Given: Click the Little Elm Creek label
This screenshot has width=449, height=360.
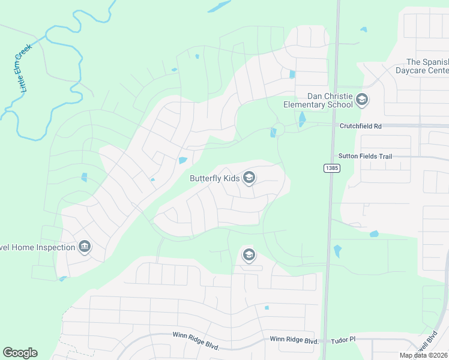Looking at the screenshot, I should (x=25, y=70).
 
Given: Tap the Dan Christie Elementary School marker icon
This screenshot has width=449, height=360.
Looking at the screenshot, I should (x=361, y=100).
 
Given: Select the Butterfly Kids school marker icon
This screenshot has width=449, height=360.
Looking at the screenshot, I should (x=249, y=178).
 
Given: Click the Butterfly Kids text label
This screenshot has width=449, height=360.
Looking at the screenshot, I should (x=214, y=178).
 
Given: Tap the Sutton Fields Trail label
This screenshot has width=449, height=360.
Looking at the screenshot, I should (x=364, y=157).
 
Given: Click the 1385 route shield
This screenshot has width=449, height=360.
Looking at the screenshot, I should (x=333, y=168).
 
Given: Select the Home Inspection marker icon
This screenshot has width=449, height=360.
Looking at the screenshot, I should (x=85, y=247).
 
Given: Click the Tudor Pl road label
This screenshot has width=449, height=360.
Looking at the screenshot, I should (x=345, y=340).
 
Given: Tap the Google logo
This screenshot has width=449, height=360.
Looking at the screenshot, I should (x=20, y=353).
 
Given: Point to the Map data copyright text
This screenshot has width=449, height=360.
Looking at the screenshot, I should (x=423, y=355).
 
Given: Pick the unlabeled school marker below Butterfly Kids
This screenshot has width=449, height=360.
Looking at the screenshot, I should (x=249, y=255).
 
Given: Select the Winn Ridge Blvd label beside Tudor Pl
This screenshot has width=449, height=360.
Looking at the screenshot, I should (x=293, y=340).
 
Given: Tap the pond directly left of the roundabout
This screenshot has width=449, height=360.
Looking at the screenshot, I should (x=273, y=133).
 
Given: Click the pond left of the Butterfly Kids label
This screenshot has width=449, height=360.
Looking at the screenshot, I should (x=182, y=160).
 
